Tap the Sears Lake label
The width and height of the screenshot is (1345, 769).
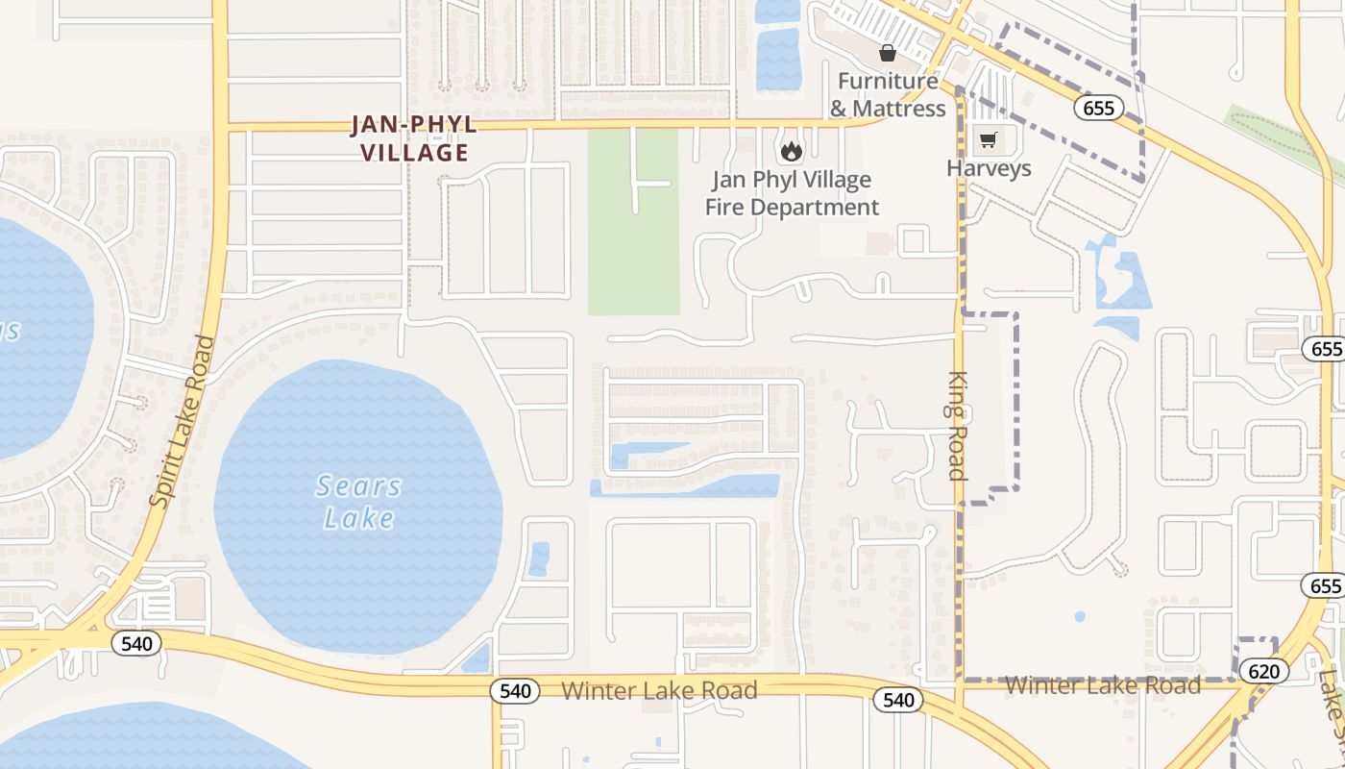358,502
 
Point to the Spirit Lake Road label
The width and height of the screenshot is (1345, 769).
183,420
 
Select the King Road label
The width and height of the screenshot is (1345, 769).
957,425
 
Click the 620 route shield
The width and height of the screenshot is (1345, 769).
1263,671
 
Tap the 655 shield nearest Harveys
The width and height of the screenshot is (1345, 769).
1098,108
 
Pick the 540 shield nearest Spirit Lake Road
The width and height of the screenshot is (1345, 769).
136,643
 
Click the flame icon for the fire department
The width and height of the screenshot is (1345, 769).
791,151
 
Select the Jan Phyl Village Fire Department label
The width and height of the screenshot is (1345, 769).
792,193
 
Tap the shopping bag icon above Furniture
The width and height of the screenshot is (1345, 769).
887,53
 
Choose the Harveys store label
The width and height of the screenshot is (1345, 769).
989,168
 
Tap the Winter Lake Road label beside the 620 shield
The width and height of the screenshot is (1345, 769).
1102,685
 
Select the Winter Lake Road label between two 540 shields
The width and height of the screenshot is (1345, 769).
659,690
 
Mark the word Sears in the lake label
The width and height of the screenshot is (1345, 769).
358,486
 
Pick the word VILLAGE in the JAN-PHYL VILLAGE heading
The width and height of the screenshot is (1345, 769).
415,152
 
